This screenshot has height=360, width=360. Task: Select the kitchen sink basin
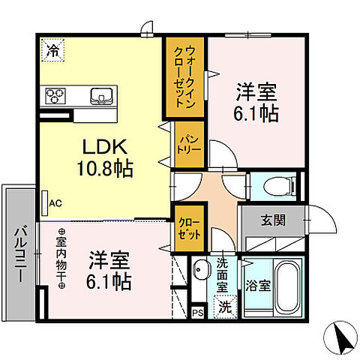(100, 95)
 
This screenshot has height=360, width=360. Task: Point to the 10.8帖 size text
(104, 169)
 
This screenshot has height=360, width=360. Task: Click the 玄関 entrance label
(272, 220)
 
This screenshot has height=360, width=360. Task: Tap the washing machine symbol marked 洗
(224, 305)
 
